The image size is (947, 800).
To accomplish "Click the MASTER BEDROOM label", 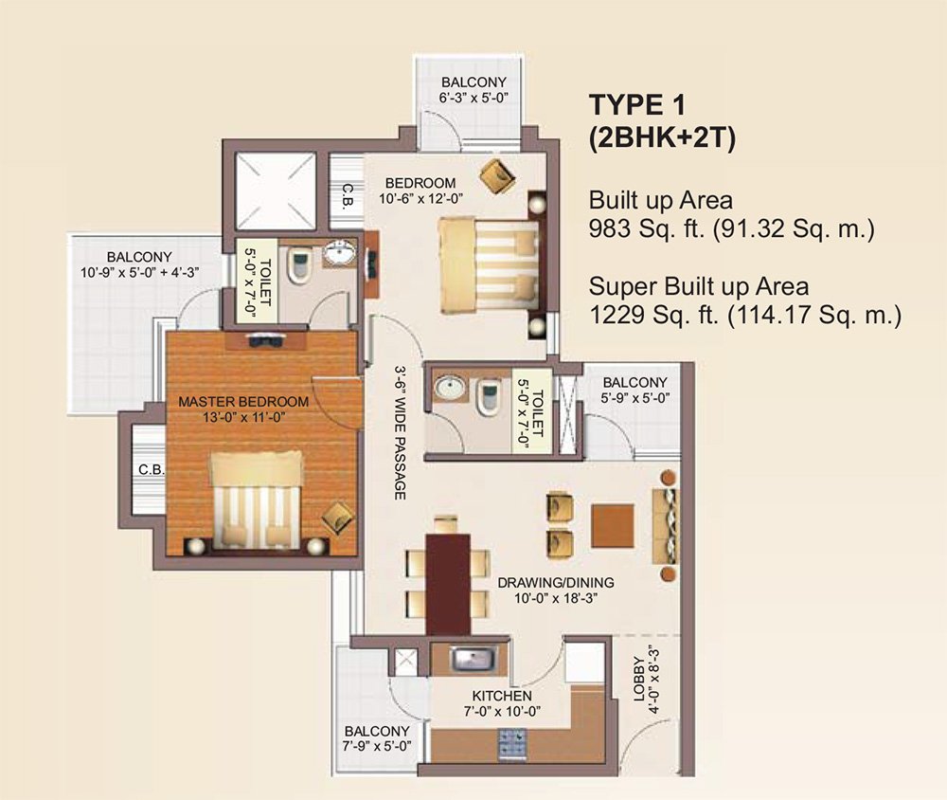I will [x=243, y=401].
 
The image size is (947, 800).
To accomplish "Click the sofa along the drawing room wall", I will [x=669, y=524].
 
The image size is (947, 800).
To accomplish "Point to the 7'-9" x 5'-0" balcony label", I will [x=377, y=738].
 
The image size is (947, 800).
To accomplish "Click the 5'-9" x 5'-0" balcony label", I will [x=634, y=391].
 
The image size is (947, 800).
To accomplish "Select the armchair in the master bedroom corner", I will [x=336, y=517].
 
